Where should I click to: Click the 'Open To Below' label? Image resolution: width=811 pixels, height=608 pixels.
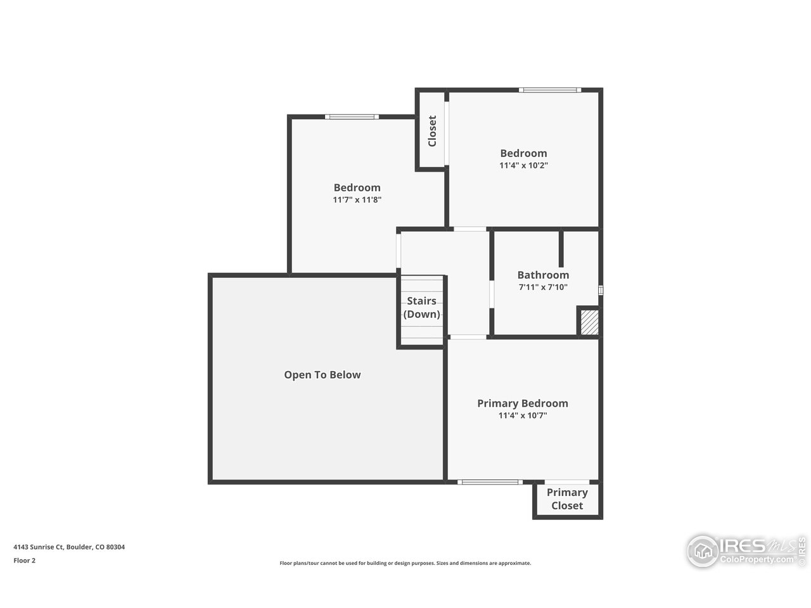click(x=322, y=375)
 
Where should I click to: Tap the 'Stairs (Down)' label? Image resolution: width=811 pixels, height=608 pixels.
click(x=421, y=307)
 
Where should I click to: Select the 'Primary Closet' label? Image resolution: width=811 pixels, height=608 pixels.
click(x=567, y=499)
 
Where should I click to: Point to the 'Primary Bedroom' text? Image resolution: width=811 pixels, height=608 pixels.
click(x=522, y=403)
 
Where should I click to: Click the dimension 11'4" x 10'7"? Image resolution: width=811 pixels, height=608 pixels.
click(x=522, y=416)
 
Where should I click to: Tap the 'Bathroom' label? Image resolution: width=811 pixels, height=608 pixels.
click(x=543, y=275)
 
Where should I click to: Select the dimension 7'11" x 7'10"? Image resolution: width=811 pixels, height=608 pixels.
click(x=543, y=287)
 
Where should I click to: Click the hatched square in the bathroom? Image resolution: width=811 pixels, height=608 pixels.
click(x=589, y=322)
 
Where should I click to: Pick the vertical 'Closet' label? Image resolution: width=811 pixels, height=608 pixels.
click(x=433, y=130)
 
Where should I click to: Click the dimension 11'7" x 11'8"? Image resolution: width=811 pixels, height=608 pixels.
click(x=357, y=199)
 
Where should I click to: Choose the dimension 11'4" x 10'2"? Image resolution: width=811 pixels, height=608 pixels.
click(x=523, y=165)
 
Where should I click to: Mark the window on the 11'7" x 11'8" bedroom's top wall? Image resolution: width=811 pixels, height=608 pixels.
click(x=352, y=117)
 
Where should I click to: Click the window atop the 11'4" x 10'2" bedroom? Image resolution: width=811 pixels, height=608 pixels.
click(x=549, y=90)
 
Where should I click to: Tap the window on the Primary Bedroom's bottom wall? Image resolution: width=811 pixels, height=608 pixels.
click(x=490, y=483)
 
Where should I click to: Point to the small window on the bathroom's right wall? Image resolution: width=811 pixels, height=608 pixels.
click(x=601, y=290)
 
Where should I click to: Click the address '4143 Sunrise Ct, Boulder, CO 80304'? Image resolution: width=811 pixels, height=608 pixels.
click(x=69, y=547)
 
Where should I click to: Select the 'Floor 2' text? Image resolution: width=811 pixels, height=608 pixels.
click(x=25, y=560)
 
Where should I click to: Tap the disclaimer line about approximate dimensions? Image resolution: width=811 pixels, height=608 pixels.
click(x=405, y=563)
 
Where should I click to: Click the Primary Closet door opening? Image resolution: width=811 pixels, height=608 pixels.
click(x=567, y=483)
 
